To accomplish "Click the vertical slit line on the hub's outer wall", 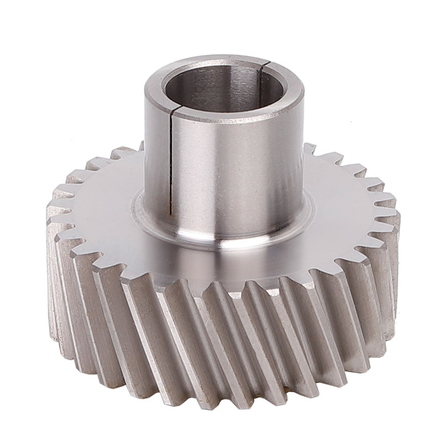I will (x=171, y=160).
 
